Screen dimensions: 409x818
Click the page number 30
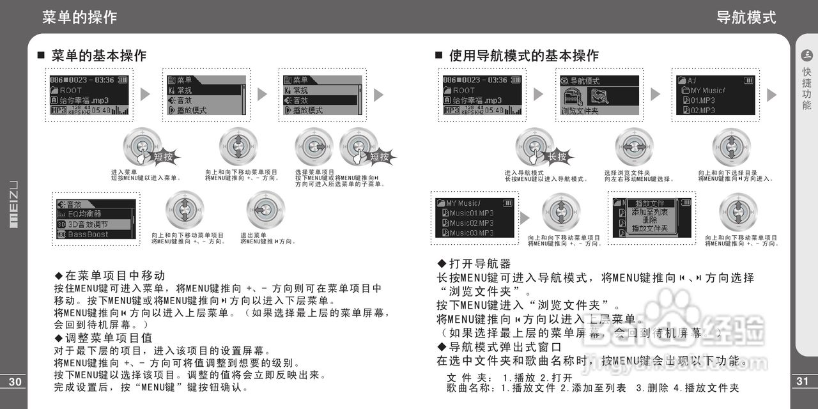tap(15, 382)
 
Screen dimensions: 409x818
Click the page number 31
tap(803, 382)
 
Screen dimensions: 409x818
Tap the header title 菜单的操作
tap(80, 17)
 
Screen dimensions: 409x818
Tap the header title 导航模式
tap(746, 17)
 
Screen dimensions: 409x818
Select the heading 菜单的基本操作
tap(98, 56)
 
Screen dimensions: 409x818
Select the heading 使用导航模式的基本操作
tap(523, 56)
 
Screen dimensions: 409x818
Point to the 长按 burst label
tap(557, 157)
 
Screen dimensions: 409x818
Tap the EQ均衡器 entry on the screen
tap(84, 214)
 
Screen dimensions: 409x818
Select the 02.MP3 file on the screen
tap(702, 110)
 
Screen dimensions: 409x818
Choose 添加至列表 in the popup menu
tap(649, 212)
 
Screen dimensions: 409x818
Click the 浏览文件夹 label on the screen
tap(580, 111)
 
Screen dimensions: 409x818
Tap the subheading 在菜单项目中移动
tap(115, 275)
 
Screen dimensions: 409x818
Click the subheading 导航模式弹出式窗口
tap(496, 347)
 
